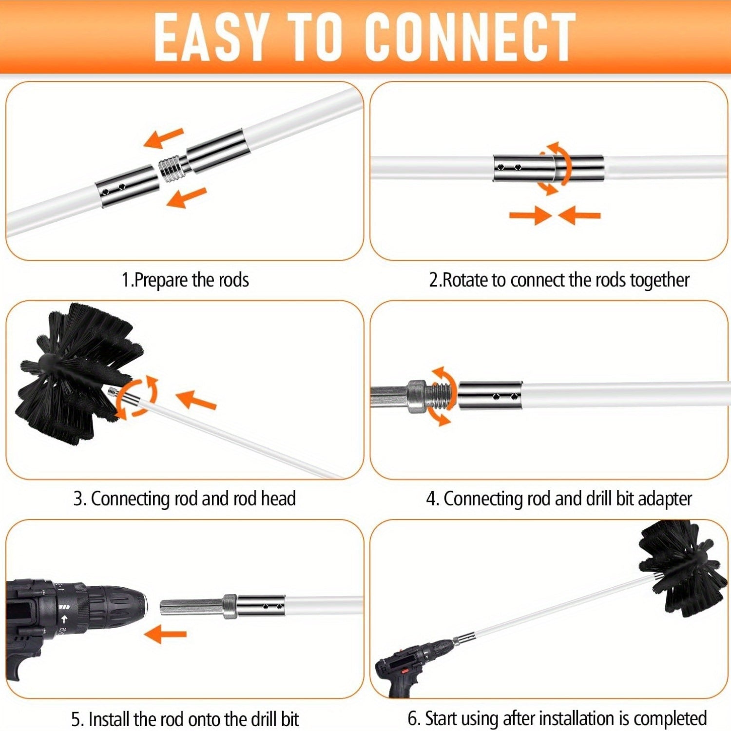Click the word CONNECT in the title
(x=470, y=37)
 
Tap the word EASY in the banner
(x=211, y=37)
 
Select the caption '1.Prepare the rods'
(x=185, y=280)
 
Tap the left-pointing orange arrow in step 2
(x=580, y=215)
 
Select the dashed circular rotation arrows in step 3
(x=137, y=397)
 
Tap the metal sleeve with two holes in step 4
(x=490, y=395)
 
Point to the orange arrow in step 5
(x=166, y=634)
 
